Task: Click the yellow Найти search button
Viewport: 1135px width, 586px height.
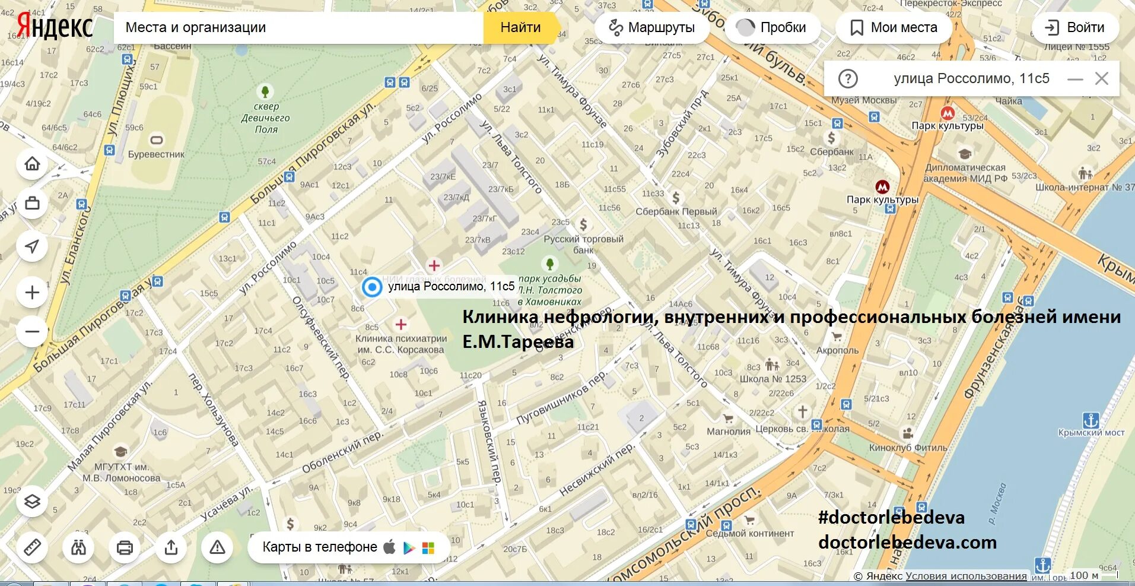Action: click(520, 27)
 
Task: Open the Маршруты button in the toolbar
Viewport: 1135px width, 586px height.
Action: click(651, 27)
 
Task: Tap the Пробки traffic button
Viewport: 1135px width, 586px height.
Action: click(772, 27)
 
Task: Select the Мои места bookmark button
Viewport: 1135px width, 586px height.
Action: click(894, 27)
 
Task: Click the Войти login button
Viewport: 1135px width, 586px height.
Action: click(1074, 27)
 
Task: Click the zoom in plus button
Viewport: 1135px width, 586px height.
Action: click(33, 293)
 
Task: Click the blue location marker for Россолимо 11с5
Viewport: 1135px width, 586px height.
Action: click(372, 287)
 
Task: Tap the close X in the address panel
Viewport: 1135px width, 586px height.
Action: click(1102, 78)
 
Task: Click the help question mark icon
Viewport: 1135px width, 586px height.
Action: click(848, 78)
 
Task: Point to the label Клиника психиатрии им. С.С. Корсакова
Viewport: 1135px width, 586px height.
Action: click(401, 344)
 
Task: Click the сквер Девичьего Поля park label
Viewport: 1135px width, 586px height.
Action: click(265, 118)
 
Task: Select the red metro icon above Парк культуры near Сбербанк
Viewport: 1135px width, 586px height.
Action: click(948, 113)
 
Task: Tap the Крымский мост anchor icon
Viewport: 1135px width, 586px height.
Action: click(1091, 420)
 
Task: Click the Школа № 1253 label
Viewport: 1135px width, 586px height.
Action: click(772, 379)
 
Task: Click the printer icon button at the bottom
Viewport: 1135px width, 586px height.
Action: click(125, 547)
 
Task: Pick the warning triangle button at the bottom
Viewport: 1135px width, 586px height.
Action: click(217, 547)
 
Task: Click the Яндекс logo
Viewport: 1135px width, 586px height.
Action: click(55, 26)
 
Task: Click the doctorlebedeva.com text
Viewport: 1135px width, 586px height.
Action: click(907, 542)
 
